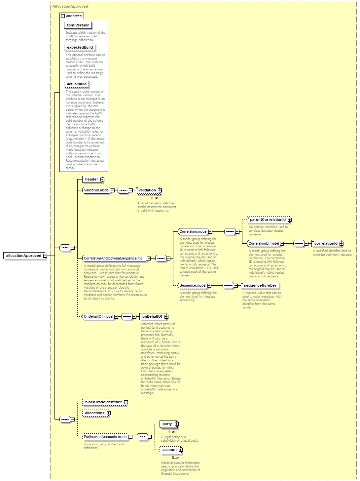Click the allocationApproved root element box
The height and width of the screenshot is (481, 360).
click(x=24, y=256)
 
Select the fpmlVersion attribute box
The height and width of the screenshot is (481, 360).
click(x=78, y=25)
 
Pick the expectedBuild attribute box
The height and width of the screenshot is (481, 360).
click(x=80, y=47)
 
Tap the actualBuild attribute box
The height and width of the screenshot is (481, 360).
click(x=77, y=84)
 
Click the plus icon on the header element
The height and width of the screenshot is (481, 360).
click(x=102, y=179)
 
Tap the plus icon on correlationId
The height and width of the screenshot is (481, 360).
click(x=342, y=243)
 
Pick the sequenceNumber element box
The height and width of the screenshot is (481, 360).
click(x=260, y=285)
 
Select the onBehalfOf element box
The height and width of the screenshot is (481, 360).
click(x=153, y=316)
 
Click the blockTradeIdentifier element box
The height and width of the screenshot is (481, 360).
click(x=104, y=402)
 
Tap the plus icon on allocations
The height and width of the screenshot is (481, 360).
click(x=109, y=413)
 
